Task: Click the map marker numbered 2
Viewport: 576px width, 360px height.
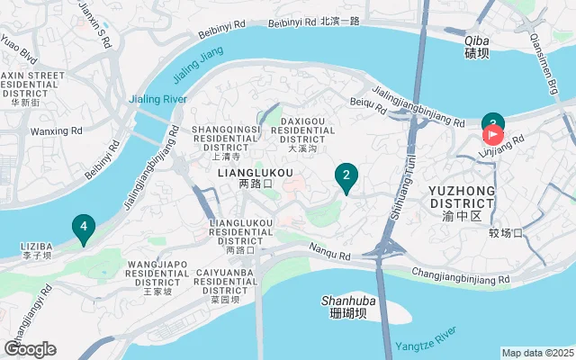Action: point(346,175)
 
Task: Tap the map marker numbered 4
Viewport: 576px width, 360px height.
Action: point(83,228)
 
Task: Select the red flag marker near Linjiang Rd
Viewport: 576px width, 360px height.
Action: point(493,135)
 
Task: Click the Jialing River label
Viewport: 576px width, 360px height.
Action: point(157,98)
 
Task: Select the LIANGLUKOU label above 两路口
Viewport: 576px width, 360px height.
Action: point(256,171)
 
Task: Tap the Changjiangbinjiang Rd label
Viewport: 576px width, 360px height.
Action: point(460,275)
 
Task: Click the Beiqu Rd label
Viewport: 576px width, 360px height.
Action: point(367,105)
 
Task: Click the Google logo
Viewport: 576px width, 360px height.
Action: point(30,349)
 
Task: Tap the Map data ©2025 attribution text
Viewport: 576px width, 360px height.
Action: point(537,353)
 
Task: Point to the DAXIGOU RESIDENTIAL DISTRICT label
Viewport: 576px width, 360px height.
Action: point(308,126)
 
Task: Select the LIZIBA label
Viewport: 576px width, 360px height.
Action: point(36,245)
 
